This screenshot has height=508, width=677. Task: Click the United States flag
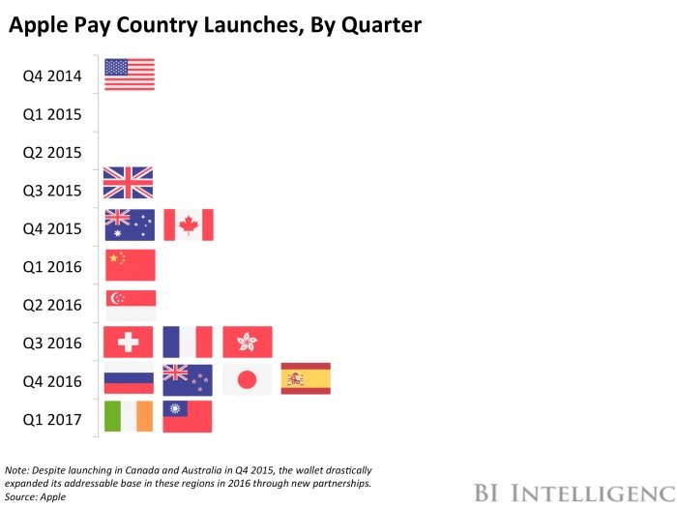(x=129, y=75)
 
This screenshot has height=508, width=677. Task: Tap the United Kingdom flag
(x=129, y=183)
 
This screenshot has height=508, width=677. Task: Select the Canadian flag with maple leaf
(x=189, y=224)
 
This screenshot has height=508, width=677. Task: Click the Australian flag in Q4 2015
(x=129, y=224)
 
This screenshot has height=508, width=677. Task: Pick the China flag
(x=129, y=265)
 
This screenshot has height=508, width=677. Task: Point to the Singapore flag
(x=129, y=305)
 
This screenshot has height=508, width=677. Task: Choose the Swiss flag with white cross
(x=129, y=342)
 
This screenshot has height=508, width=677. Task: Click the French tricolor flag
(x=188, y=342)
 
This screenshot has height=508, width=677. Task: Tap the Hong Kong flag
(x=248, y=342)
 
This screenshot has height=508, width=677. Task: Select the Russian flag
(x=129, y=379)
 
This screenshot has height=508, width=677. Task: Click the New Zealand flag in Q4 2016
(x=188, y=379)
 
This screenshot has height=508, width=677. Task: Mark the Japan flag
(x=248, y=379)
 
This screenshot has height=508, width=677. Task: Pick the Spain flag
(x=306, y=379)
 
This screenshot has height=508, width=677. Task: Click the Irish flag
(x=129, y=417)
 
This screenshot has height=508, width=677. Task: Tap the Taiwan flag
(x=188, y=417)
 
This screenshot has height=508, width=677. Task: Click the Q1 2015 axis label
(x=51, y=114)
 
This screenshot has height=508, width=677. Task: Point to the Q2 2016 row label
(x=51, y=306)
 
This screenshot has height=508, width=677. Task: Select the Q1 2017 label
(x=51, y=420)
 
